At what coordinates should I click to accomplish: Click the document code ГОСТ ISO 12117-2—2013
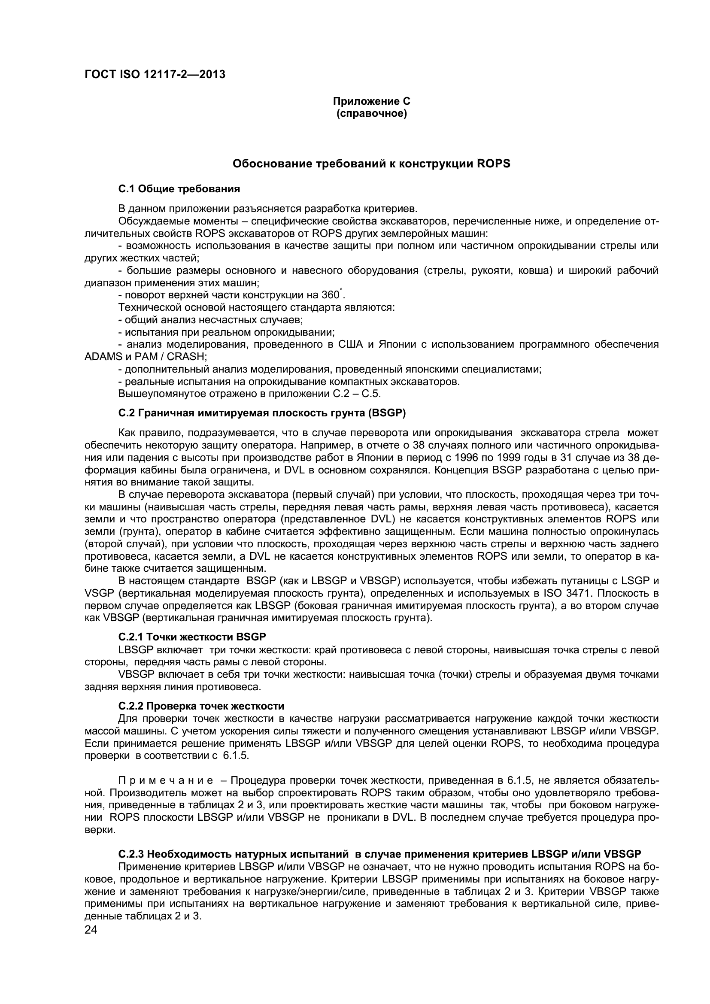pyautogui.click(x=155, y=74)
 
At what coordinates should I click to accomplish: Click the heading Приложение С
pyautogui.click(x=371, y=101)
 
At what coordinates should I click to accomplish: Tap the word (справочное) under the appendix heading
pyautogui.click(x=371, y=114)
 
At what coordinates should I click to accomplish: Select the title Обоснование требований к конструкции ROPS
pyautogui.click(x=371, y=164)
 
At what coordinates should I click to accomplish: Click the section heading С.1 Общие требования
pyautogui.click(x=179, y=189)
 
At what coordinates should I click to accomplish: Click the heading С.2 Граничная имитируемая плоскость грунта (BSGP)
pyautogui.click(x=262, y=413)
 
